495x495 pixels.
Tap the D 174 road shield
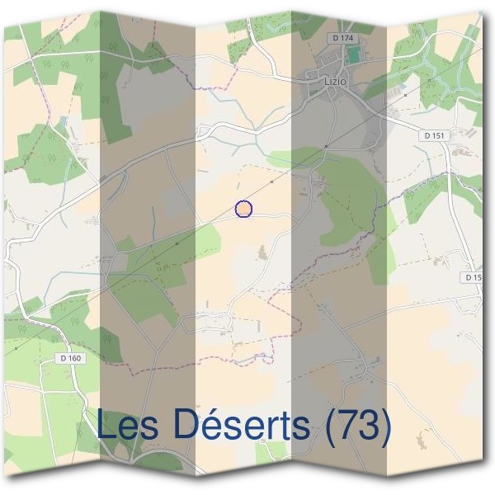pyautogui.click(x=341, y=39)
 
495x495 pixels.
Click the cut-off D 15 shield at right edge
pyautogui.click(x=473, y=278)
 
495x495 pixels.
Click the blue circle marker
pyautogui.click(x=243, y=209)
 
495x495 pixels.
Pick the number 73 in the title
pyautogui.click(x=356, y=425)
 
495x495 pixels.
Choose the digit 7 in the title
pyautogui.click(x=346, y=425)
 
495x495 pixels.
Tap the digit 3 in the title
pyautogui.click(x=368, y=425)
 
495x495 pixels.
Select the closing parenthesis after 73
pyautogui.click(x=384, y=427)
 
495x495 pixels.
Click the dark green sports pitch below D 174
pyautogui.click(x=354, y=55)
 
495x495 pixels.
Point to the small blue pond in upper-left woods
pyautogui.click(x=63, y=120)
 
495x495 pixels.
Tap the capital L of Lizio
pyautogui.click(x=328, y=82)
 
